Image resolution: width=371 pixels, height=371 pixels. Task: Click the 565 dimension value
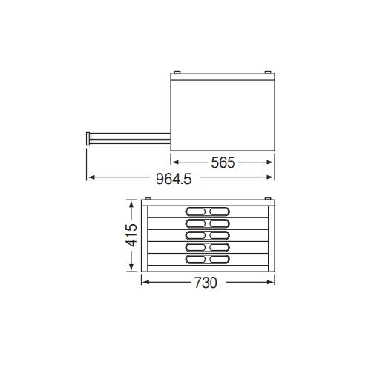click(223, 162)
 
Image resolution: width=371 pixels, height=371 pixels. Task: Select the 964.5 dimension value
click(174, 179)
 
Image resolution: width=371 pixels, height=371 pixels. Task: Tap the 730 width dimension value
click(206, 283)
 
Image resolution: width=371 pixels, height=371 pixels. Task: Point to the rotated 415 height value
click(131, 235)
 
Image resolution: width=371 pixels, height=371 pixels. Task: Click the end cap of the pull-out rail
click(88, 139)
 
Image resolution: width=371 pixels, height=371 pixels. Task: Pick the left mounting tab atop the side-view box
click(177, 72)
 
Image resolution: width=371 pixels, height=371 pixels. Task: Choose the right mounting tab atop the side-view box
click(268, 72)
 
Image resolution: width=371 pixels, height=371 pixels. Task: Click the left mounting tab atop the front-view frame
click(148, 199)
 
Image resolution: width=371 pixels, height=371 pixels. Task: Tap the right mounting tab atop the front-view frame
click(268, 199)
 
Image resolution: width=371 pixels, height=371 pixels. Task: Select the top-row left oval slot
click(195, 211)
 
